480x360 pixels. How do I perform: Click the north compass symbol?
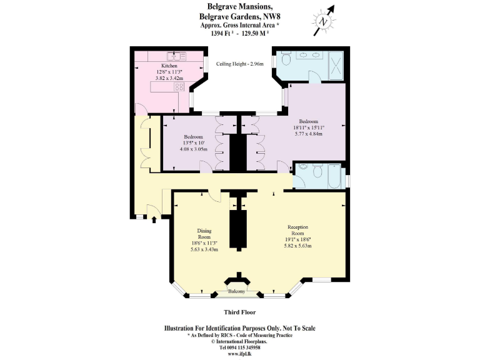(x=324, y=20)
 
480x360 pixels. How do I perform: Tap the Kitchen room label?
(x=169, y=66)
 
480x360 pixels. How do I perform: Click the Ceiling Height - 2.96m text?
(x=240, y=64)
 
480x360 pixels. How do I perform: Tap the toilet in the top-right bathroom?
(x=286, y=60)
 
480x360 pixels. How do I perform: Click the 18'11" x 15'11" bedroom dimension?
(x=308, y=127)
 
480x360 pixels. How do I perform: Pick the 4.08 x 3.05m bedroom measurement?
(x=193, y=148)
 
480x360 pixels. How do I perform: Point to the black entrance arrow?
(x=154, y=219)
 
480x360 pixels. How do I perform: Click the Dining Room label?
(x=204, y=233)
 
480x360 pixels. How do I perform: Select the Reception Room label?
(x=297, y=227)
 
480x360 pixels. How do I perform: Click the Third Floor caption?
(x=240, y=312)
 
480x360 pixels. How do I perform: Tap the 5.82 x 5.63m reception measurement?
(x=297, y=246)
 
